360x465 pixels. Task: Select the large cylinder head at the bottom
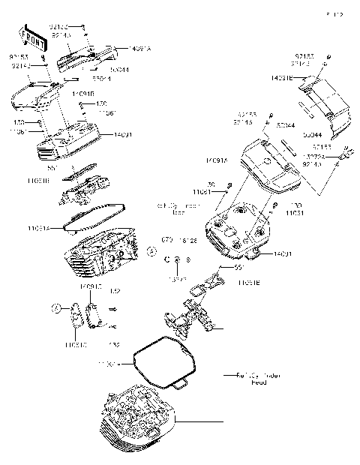click(138, 419)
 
